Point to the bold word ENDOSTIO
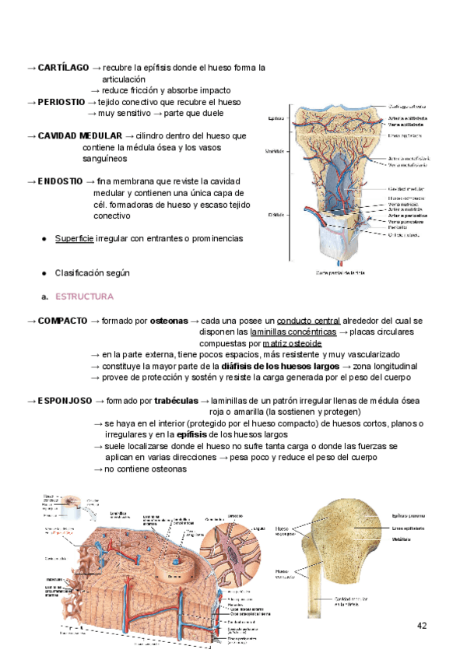(61, 181)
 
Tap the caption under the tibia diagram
(341, 272)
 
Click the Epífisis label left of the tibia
(275, 118)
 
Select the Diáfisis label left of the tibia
(275, 215)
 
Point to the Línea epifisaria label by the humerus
(408, 528)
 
